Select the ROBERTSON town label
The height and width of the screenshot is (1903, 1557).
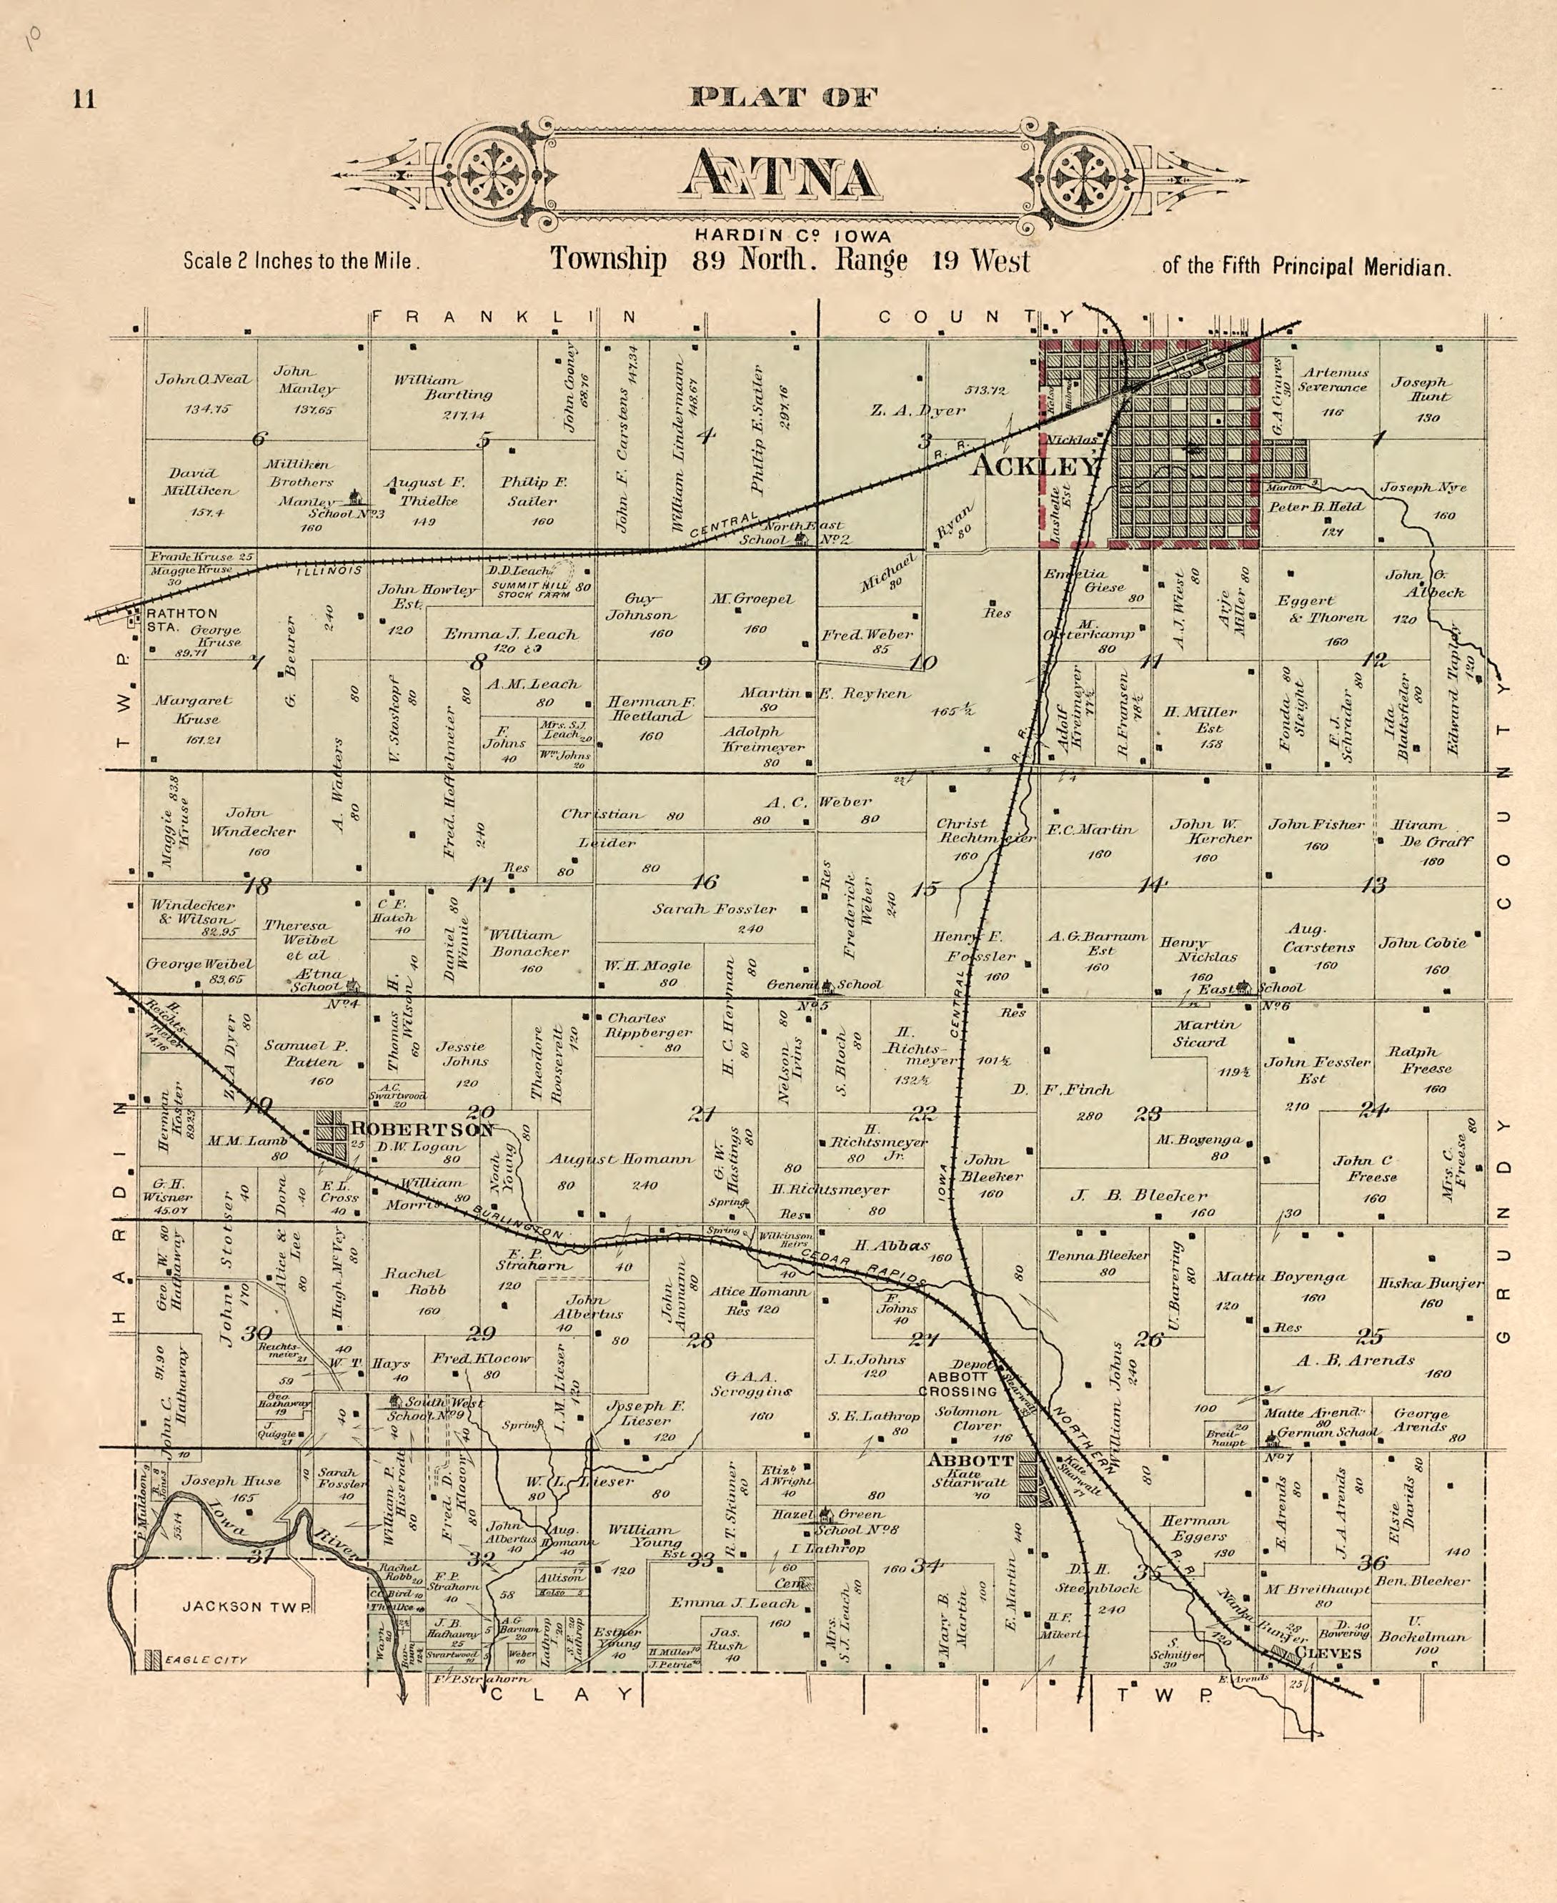tap(422, 1129)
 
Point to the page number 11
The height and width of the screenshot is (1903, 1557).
tap(84, 99)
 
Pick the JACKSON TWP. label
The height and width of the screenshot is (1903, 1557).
tap(247, 1606)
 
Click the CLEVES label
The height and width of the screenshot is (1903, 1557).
tap(1328, 1653)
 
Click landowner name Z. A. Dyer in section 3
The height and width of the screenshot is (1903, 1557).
tap(917, 410)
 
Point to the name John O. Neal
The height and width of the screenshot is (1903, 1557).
tap(204, 380)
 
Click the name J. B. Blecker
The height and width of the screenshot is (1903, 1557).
tap(1139, 1195)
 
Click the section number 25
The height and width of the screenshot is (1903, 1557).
tap(1370, 1336)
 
